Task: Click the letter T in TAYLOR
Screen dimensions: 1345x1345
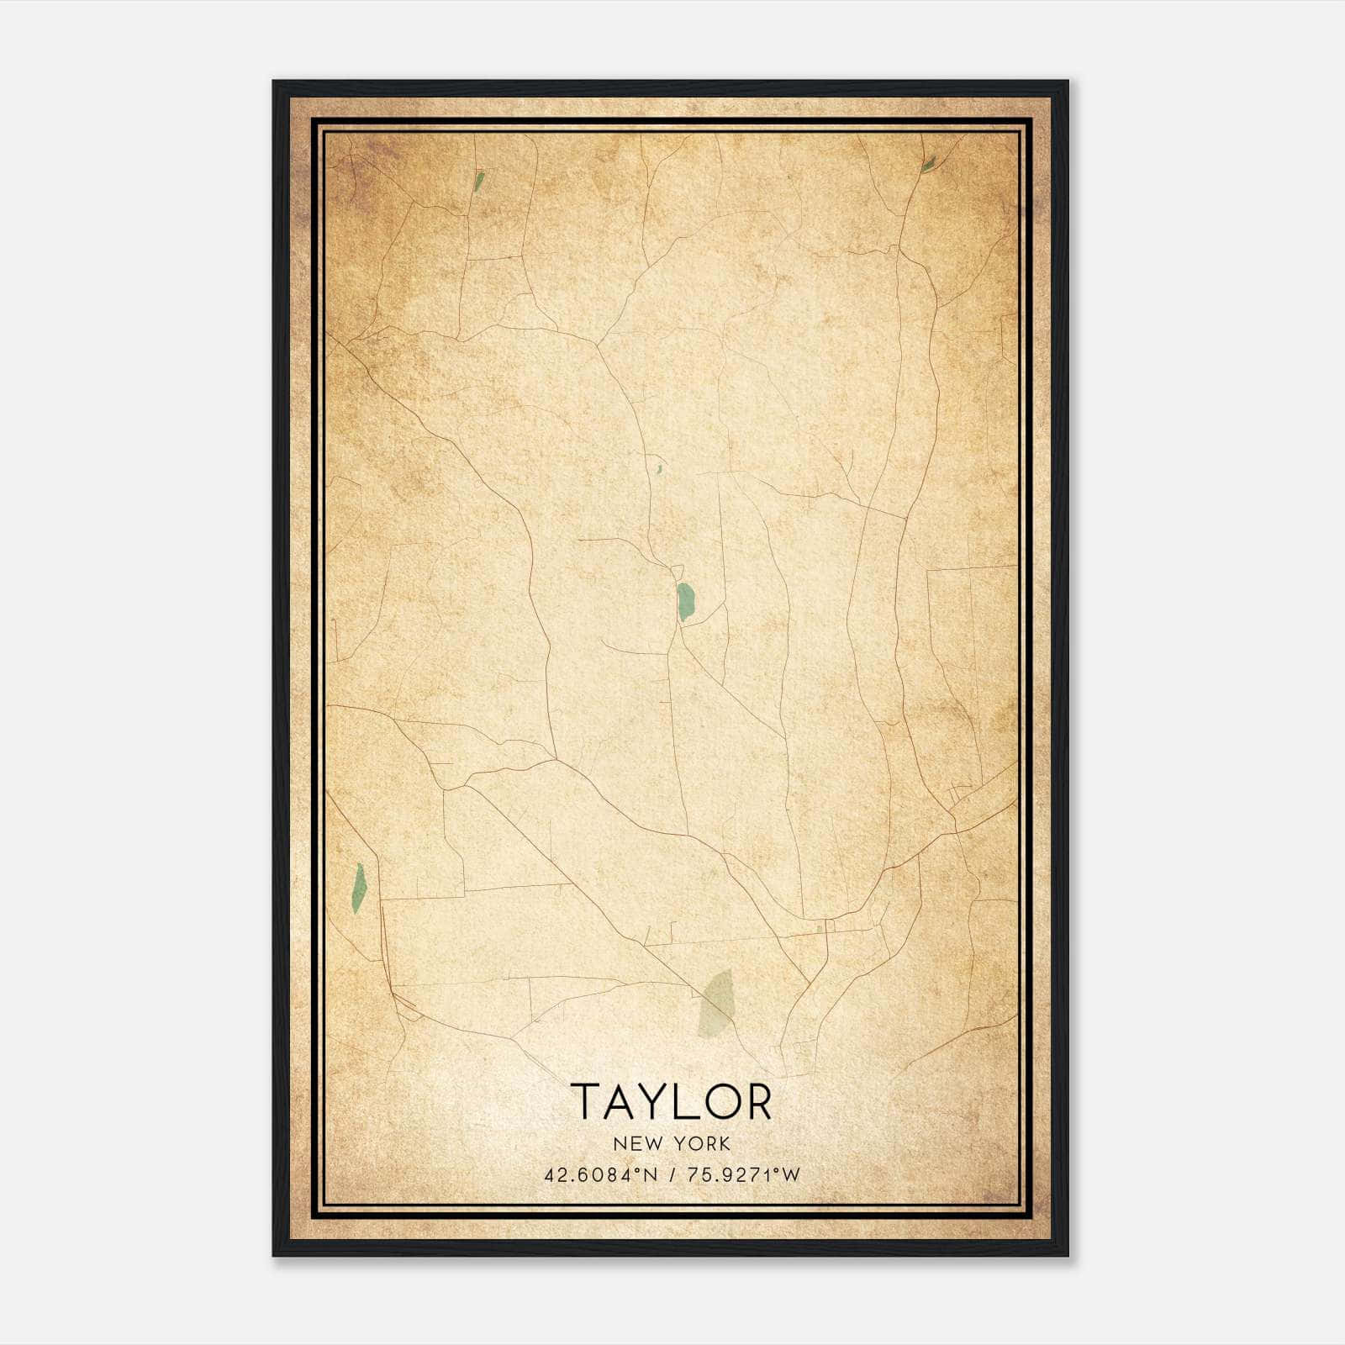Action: [585, 1101]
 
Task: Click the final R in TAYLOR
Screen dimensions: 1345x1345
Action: [759, 1101]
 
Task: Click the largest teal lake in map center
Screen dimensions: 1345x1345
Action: [685, 602]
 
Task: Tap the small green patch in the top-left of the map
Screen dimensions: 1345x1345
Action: [478, 182]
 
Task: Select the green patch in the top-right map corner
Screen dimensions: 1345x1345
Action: [928, 165]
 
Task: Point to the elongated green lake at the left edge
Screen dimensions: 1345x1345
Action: [359, 888]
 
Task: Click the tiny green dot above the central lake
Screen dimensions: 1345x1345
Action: [660, 468]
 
